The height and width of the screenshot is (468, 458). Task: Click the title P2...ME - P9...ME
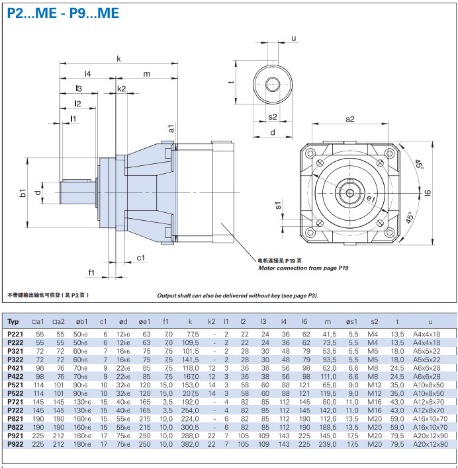coord(64,13)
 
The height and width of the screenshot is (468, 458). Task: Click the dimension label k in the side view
coord(118,59)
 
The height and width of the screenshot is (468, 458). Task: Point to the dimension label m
coord(147,74)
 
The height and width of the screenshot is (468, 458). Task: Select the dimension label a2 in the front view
coord(350,119)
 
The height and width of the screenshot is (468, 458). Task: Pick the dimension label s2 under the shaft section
coord(273,116)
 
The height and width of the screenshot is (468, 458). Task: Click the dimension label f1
coord(91,272)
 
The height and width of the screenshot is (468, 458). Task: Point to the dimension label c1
coord(141,257)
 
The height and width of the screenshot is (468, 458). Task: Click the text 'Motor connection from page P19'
coord(302,268)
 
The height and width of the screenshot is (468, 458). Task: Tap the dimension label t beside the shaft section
coord(231,82)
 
